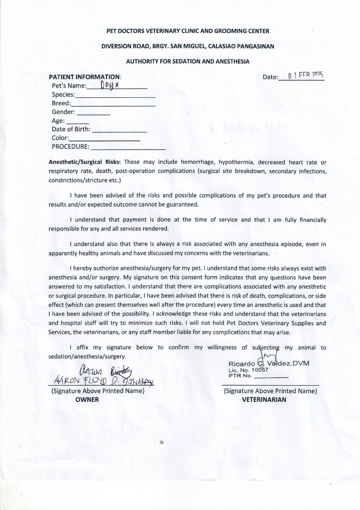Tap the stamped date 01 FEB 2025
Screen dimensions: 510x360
pos(305,76)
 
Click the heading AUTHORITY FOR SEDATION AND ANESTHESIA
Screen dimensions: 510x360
pos(188,61)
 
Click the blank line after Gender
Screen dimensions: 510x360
pos(93,114)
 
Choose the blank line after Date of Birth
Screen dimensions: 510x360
pos(120,131)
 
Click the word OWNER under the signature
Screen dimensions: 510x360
pos(87,399)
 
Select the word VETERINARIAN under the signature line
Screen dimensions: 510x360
pos(264,399)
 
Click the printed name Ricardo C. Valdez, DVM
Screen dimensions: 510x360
pos(269,363)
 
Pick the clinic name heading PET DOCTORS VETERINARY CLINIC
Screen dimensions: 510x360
pos(188,31)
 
